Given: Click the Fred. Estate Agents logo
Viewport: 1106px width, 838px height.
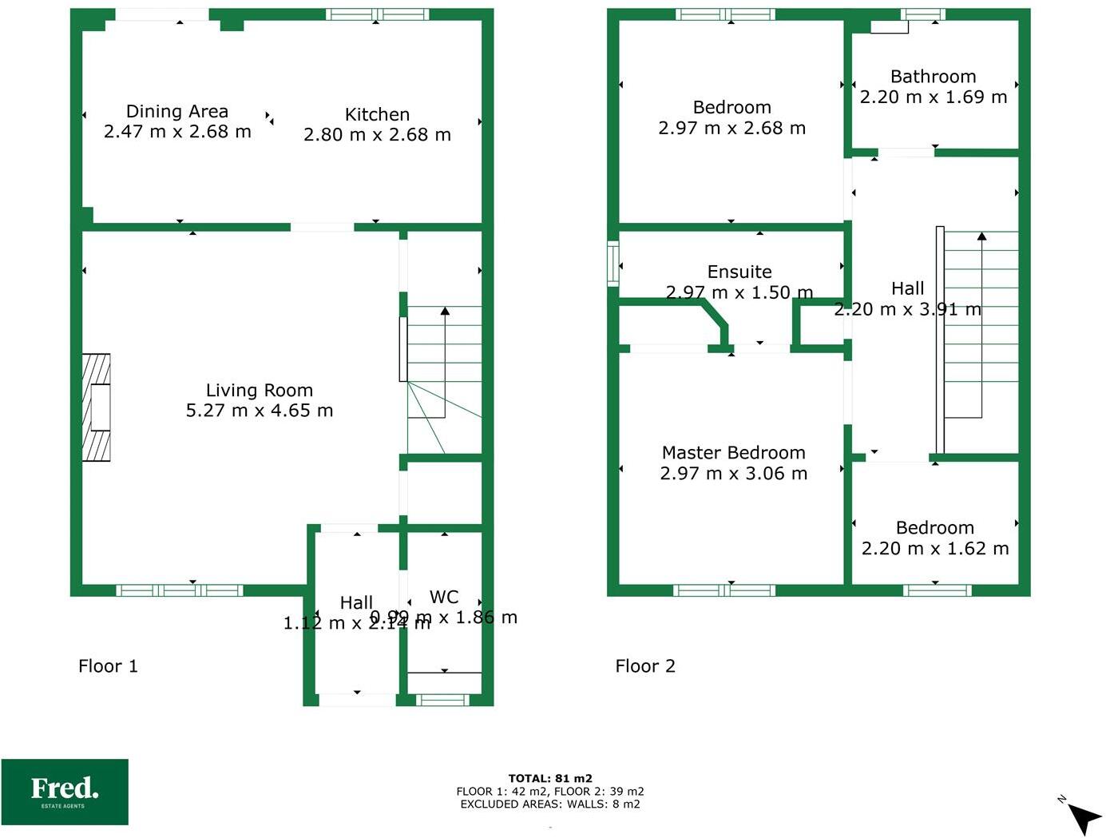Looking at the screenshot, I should click(65, 791).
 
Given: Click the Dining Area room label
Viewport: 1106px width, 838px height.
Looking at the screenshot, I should click(177, 112).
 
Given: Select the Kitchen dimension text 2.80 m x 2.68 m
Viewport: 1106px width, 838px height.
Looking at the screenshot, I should click(377, 135).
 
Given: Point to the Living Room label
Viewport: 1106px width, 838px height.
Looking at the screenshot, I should click(260, 390).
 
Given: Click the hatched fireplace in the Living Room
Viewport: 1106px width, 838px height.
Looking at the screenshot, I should click(97, 407).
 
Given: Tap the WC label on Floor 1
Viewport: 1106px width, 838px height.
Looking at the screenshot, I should click(444, 597).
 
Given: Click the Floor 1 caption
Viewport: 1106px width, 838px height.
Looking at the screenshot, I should click(108, 666).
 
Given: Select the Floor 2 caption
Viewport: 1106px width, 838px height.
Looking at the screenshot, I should click(645, 666).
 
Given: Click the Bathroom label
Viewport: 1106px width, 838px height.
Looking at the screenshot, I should click(933, 77).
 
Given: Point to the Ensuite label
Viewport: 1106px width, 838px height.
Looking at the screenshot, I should click(739, 272).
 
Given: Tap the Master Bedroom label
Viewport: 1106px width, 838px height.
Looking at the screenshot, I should click(733, 453).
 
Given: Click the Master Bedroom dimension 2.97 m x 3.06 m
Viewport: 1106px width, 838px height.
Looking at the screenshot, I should click(733, 474).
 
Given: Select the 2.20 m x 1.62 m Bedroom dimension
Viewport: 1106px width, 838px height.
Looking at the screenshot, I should click(935, 549).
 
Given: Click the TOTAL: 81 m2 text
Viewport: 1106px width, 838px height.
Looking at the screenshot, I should click(550, 778).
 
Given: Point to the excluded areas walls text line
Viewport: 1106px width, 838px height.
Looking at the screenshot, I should click(550, 804).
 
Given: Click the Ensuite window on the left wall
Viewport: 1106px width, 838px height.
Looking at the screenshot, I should click(613, 264).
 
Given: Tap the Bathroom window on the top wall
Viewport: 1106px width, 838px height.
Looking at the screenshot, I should click(923, 14).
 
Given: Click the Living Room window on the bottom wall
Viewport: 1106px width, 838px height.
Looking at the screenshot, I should click(180, 590).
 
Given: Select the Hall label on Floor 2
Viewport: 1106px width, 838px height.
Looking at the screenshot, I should click(908, 288).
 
